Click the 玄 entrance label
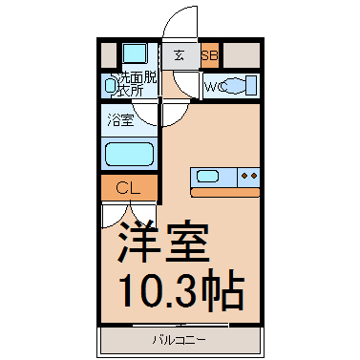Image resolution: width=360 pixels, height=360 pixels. coord(178,55)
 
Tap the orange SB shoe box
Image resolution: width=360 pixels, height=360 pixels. coord(210,55)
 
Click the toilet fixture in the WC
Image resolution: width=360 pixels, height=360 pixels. coord(244,85)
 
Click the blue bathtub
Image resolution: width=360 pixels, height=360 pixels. coord(129,154)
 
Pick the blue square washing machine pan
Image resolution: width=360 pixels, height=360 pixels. coord(135,54)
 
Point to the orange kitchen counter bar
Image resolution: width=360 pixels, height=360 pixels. coord(225,192)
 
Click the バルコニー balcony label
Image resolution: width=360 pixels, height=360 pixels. coord(179,339)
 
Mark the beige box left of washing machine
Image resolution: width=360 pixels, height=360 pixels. coord(108,54)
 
